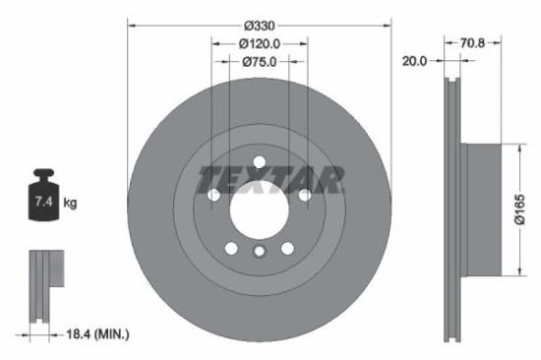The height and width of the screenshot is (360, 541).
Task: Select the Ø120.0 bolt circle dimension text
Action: point(260,43)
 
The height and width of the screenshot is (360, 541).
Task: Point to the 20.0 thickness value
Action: point(414,61)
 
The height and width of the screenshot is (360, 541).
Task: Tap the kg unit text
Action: point(70,204)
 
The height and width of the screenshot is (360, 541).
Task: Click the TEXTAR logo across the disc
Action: point(270,180)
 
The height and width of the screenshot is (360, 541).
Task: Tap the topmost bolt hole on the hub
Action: point(260,162)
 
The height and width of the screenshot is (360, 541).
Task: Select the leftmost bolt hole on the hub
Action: point(213,196)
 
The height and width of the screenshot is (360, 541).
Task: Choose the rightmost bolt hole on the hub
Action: point(305,196)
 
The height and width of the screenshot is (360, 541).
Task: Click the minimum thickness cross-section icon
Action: point(41,285)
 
